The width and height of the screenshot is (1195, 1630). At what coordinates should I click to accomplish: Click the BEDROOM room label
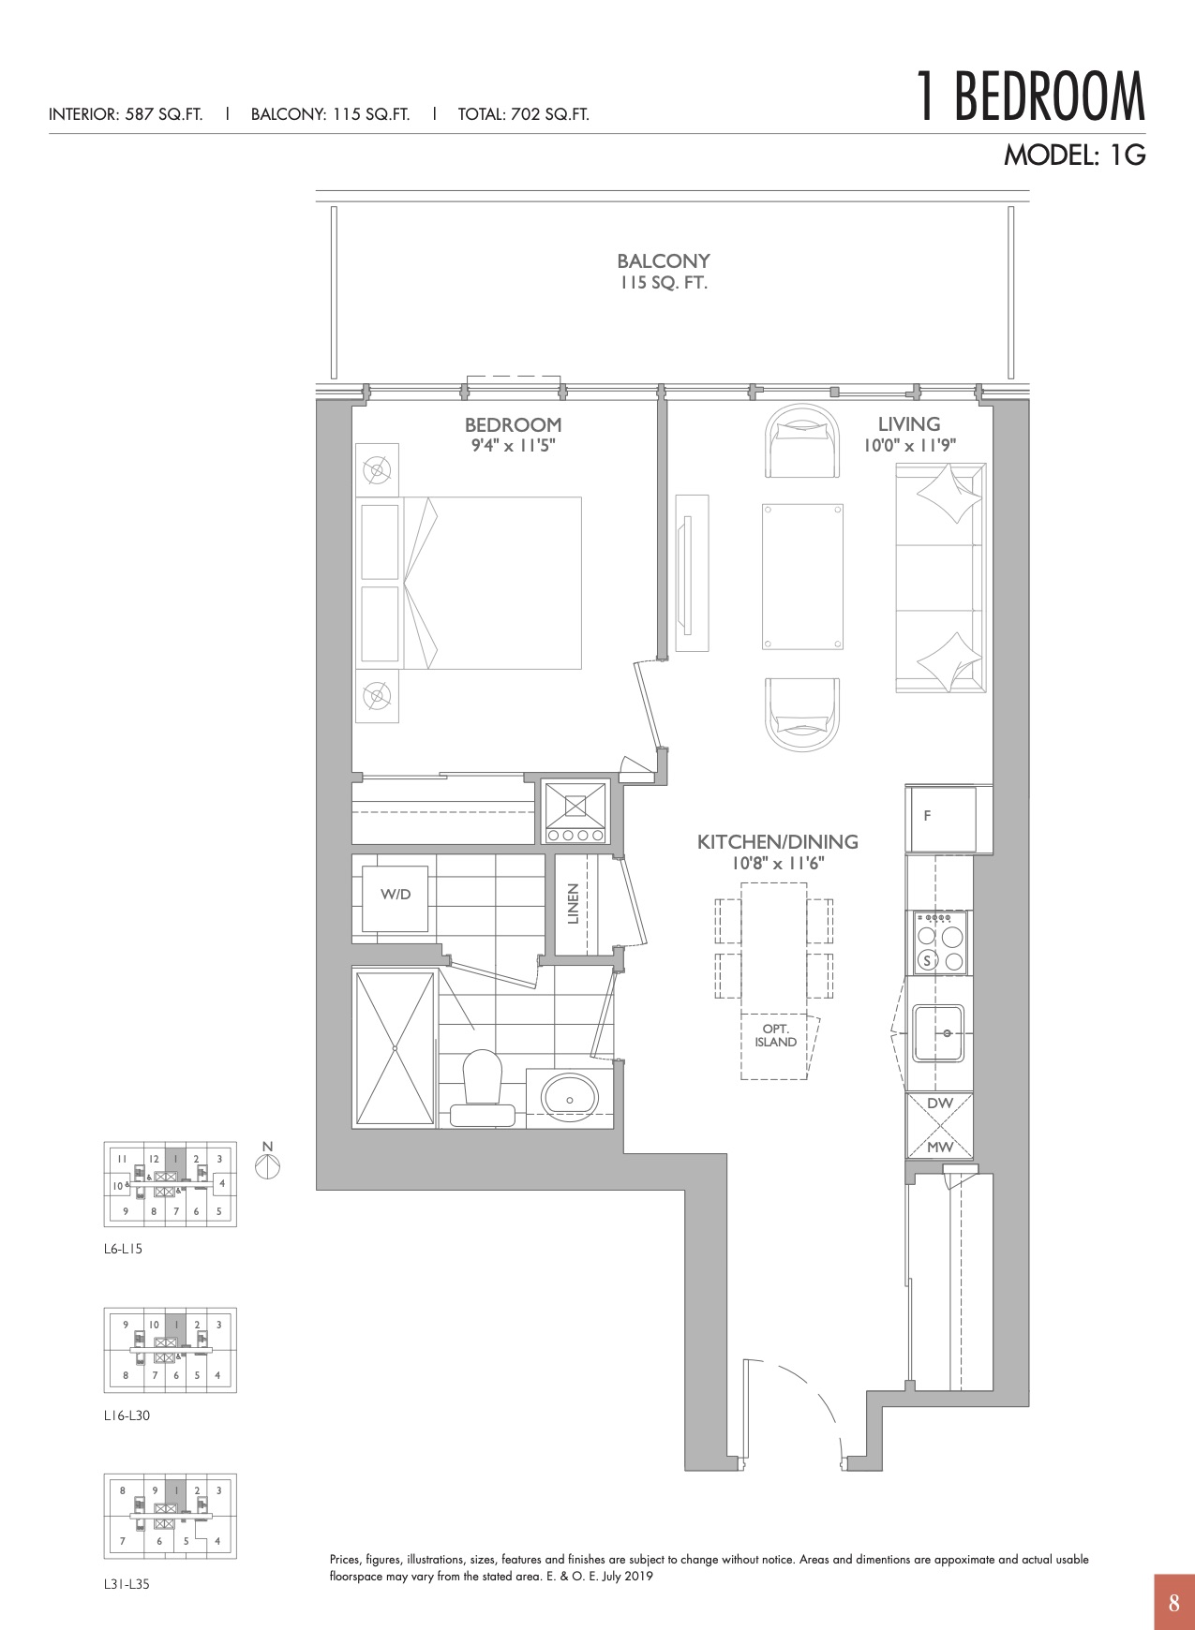click(513, 425)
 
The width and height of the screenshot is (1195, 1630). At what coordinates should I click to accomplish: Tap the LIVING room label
click(909, 424)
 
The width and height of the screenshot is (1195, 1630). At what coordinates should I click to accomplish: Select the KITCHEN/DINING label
click(778, 842)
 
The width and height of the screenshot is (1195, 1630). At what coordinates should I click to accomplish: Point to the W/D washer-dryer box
click(396, 895)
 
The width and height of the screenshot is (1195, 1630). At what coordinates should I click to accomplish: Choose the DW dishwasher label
click(939, 1104)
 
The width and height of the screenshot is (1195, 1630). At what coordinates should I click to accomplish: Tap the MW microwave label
click(940, 1147)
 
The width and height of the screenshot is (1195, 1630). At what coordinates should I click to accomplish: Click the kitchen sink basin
click(939, 1033)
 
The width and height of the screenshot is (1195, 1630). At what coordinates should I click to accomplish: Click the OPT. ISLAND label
click(776, 1035)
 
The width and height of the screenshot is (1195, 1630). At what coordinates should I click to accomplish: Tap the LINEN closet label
click(574, 904)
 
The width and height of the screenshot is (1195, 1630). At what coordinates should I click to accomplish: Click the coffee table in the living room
click(802, 576)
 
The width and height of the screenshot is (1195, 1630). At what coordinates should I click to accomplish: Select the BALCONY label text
click(664, 261)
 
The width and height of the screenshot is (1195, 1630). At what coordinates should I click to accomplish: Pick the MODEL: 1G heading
click(1075, 155)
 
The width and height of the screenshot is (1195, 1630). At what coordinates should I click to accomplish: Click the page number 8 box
click(1174, 1603)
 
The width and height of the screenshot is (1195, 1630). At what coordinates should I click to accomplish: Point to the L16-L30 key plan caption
click(127, 1415)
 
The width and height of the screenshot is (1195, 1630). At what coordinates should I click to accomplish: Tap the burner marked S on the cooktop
click(928, 960)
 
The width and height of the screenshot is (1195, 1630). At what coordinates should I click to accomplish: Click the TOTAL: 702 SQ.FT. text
click(524, 115)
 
